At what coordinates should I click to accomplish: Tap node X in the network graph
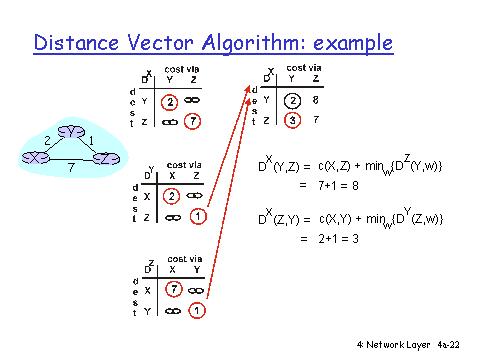coord(37,158)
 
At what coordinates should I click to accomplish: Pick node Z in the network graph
coord(105,158)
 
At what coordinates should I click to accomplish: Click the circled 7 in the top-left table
coord(194,121)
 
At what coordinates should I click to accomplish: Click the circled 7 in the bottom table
coord(171,289)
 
